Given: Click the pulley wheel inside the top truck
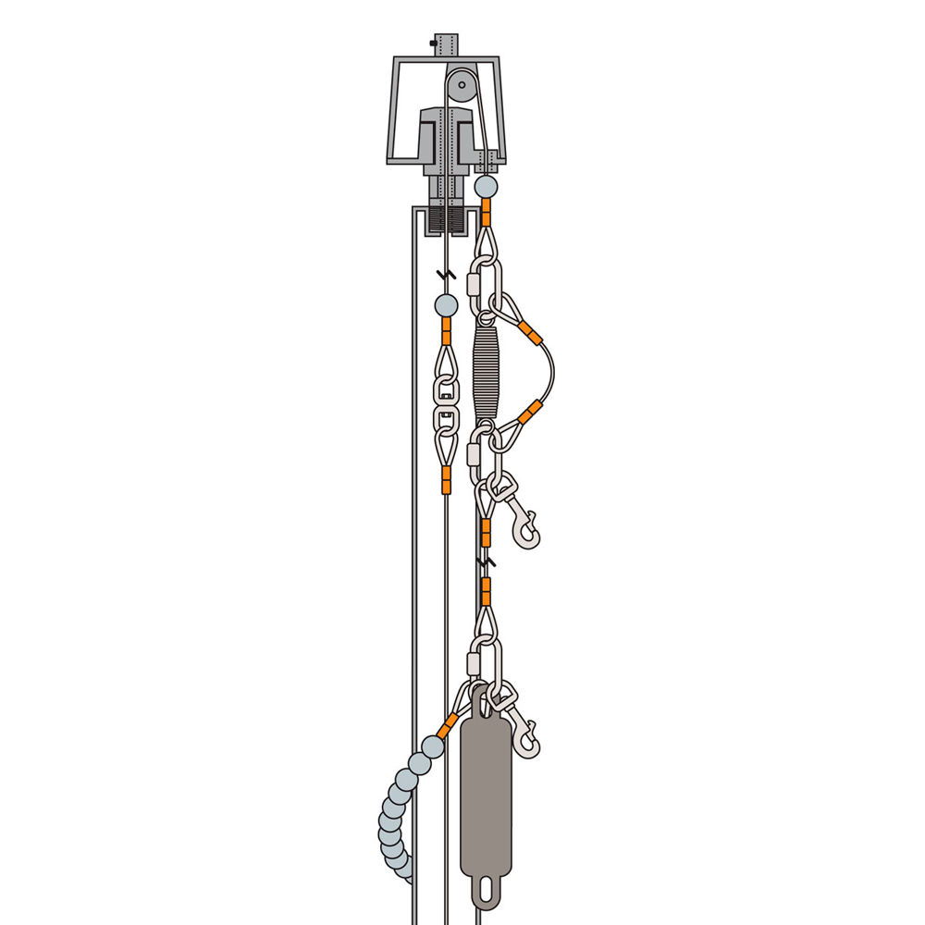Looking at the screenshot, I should click(x=461, y=89).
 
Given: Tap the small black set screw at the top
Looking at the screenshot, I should click(x=434, y=43).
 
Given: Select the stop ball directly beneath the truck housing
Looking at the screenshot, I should click(x=486, y=187).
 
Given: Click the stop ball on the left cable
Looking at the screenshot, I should click(x=446, y=305).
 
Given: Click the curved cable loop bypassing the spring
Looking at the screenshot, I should click(x=551, y=370).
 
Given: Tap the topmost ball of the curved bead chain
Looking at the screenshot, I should click(x=432, y=746).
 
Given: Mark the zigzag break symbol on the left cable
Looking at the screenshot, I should click(x=446, y=275).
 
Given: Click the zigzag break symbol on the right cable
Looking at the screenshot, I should click(x=485, y=561).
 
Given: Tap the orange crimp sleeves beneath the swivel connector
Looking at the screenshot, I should click(x=446, y=479).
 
